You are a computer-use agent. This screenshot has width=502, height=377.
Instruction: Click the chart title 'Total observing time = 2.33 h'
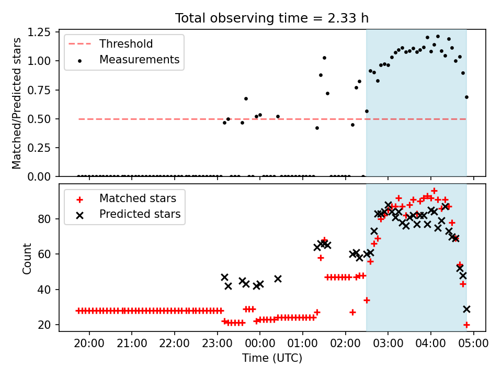[x=272, y=18]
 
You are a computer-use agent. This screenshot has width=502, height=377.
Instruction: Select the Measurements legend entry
[x=128, y=60]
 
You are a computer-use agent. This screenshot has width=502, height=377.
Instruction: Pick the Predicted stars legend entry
[x=128, y=214]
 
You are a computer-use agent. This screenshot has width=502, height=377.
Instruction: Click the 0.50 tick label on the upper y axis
[x=39, y=119]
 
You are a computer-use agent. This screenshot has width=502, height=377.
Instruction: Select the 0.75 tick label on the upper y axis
[x=39, y=90]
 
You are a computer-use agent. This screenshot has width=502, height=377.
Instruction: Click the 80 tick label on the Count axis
[x=44, y=219]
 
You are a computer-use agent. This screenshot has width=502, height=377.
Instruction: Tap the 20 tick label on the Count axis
[x=44, y=325]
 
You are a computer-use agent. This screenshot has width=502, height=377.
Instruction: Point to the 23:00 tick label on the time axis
[x=218, y=343]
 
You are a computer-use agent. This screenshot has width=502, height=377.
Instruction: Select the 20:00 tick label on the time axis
[x=89, y=343]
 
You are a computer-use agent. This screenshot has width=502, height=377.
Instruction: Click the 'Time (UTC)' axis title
[x=272, y=358]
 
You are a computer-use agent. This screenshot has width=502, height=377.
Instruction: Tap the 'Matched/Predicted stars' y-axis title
[x=16, y=103]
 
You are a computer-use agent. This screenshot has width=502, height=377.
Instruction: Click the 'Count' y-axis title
[x=27, y=258]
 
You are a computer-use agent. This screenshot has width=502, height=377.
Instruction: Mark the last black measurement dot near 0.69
[x=466, y=97]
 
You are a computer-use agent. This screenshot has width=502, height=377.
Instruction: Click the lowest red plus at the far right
[x=466, y=325]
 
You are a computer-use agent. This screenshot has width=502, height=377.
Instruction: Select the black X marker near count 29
[x=466, y=309]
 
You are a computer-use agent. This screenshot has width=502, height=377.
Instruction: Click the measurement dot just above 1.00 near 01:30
[x=324, y=58]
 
